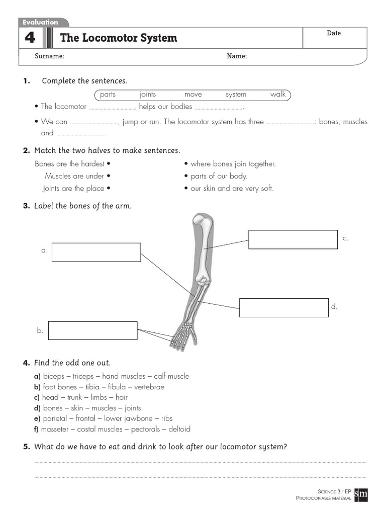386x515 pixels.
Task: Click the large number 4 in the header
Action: click(30, 38)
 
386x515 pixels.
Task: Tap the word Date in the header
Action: click(334, 33)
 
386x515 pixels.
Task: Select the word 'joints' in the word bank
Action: click(148, 95)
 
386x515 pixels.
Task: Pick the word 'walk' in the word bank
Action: click(277, 95)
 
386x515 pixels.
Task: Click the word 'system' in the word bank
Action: click(236, 95)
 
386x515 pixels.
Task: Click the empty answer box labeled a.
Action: click(96, 252)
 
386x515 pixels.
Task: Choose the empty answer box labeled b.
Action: click(93, 330)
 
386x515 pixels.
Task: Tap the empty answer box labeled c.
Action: click(293, 239)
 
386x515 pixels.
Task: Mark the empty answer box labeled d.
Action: click(283, 307)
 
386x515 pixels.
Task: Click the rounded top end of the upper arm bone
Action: click(199, 221)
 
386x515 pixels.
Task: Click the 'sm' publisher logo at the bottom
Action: click(361, 494)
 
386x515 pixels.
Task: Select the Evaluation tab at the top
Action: click(40, 22)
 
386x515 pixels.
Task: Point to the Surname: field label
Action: click(49, 56)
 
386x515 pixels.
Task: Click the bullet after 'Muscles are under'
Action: click(109, 177)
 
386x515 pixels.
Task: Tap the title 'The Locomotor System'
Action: click(119, 38)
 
